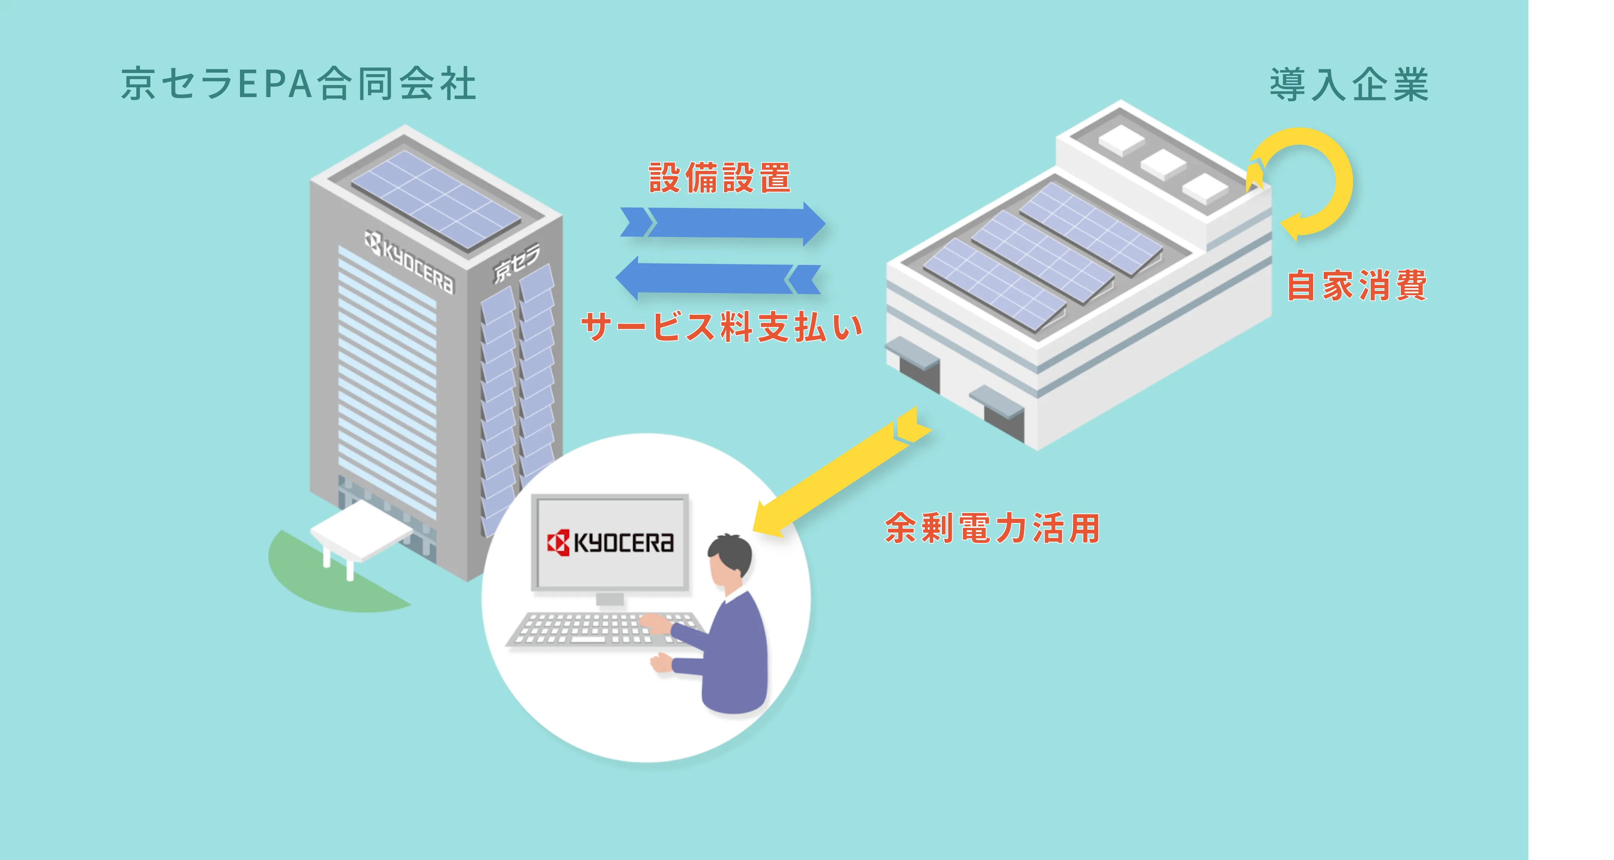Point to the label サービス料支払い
click(722, 326)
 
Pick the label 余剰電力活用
click(992, 528)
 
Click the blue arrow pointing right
click(723, 224)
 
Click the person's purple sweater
click(730, 652)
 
